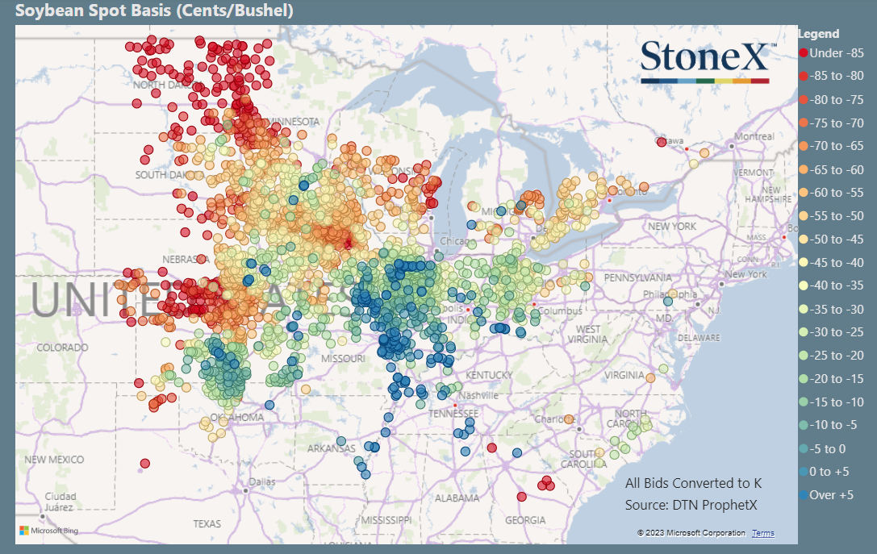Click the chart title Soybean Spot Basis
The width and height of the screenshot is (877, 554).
(154, 11)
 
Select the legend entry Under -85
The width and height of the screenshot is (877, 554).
(830, 53)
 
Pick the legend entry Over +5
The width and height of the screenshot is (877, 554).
(830, 495)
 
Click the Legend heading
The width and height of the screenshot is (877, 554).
(818, 34)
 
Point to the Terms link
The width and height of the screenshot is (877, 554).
(762, 533)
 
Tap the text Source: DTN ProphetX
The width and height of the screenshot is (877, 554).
(692, 505)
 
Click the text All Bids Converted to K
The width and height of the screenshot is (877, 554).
(693, 483)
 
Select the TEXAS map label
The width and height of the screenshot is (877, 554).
(207, 523)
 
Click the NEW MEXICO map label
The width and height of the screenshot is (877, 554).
(54, 459)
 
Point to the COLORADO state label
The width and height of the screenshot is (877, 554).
(62, 348)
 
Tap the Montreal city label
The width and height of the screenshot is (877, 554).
(753, 136)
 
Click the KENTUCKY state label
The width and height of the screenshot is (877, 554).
(489, 376)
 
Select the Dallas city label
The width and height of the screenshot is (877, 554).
(257, 481)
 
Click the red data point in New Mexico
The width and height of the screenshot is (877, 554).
(145, 463)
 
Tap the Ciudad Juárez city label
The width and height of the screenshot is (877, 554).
(61, 502)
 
